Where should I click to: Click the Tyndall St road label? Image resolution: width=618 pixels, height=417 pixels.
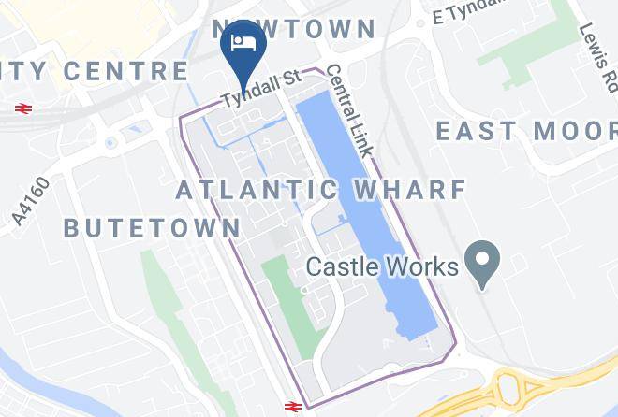(x=260, y=90)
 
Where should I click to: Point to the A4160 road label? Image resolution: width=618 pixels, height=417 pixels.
(x=32, y=199)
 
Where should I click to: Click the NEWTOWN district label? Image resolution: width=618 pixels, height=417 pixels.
(x=293, y=28)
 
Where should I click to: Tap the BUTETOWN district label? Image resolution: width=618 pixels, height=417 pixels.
(x=152, y=227)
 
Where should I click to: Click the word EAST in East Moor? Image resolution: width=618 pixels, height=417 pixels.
(x=478, y=131)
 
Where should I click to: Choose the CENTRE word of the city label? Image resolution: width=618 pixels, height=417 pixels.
(x=129, y=70)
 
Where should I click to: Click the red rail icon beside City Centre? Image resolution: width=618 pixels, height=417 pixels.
(x=23, y=108)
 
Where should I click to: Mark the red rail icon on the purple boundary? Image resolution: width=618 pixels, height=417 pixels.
(x=291, y=406)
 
